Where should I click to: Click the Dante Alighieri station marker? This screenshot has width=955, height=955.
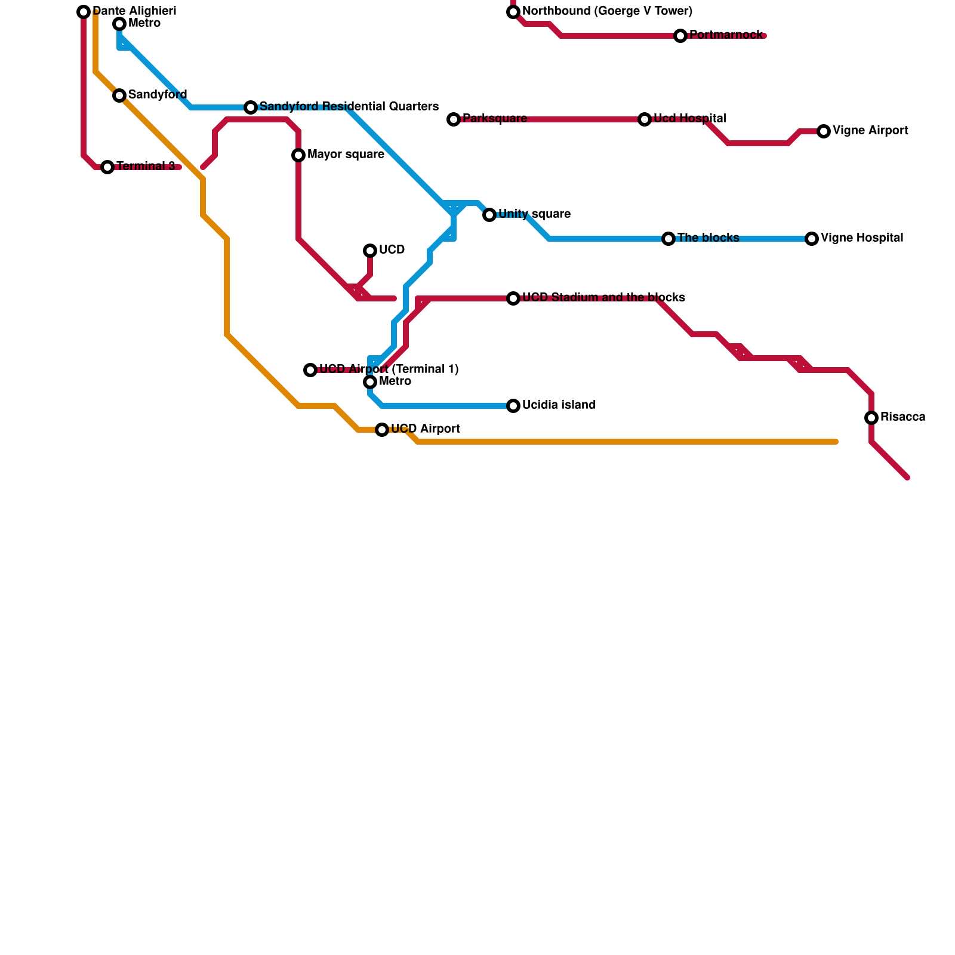84,12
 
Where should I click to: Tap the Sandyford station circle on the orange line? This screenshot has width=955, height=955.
119,95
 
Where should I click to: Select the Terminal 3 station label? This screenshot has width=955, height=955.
146,167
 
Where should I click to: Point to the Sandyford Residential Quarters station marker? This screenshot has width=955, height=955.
251,107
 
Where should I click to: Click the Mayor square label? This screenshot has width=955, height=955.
346,155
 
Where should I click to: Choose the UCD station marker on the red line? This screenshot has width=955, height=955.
370,251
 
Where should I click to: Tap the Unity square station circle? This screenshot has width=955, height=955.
489,215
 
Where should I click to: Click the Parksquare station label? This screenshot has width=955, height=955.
494,119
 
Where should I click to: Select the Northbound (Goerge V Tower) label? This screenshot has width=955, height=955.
607,11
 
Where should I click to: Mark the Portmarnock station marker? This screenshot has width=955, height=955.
680,36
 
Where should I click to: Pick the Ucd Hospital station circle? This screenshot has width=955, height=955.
645,119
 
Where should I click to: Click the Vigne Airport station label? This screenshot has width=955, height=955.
870,131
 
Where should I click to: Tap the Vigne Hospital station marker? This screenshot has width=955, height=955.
812,239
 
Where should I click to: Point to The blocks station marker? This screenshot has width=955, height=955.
668,239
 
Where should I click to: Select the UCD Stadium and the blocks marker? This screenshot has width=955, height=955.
513,298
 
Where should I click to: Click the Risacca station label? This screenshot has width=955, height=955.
902,417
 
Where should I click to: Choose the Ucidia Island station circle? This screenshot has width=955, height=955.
513,406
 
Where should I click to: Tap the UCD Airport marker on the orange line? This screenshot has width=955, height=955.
382,430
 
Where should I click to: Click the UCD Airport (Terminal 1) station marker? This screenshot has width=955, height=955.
310,370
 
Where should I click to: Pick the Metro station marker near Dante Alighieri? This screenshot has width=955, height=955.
119,24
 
